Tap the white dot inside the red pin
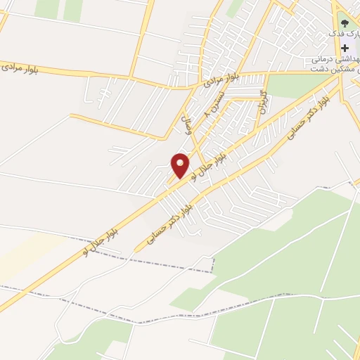[x=180, y=162]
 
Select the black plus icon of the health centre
[x=345, y=49]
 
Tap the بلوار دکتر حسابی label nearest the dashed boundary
[x=167, y=224]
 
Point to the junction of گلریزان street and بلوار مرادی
[x=266, y=72]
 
